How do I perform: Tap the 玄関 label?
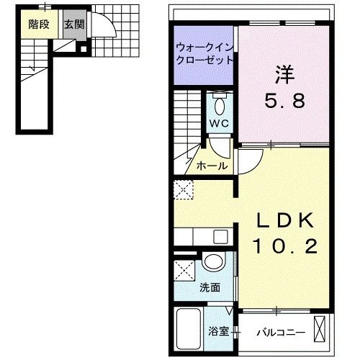(x=73, y=24)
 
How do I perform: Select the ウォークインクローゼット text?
(x=204, y=54)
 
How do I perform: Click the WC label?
(x=218, y=123)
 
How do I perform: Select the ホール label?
(x=212, y=166)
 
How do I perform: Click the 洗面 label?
(x=210, y=287)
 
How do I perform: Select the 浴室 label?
(x=219, y=333)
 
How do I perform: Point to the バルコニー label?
(x=282, y=333)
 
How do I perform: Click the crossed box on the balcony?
(x=321, y=328)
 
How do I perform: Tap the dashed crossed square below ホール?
(x=184, y=191)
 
